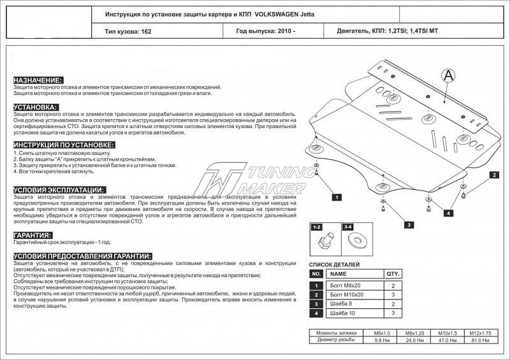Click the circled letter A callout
point(449,75)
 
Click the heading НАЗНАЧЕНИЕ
point(38,80)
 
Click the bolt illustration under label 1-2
point(323,241)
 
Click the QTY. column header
point(393,273)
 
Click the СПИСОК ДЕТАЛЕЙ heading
point(334,264)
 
